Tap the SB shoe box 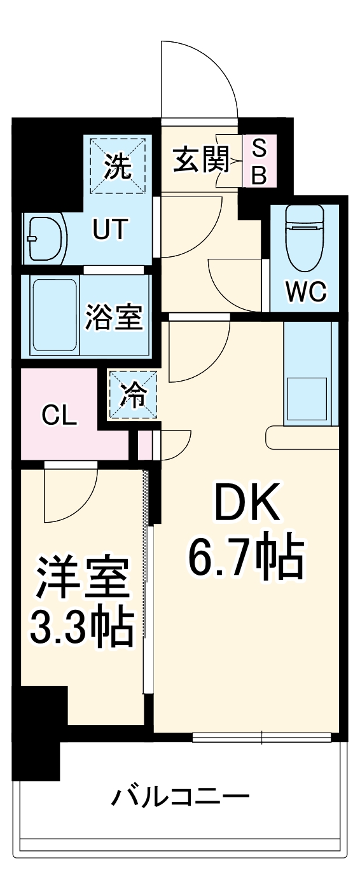(260, 162)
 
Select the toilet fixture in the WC (305, 236)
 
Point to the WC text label (305, 292)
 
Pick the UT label (111, 230)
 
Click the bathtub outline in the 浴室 (55, 315)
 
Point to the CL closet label (59, 416)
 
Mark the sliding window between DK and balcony (261, 738)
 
